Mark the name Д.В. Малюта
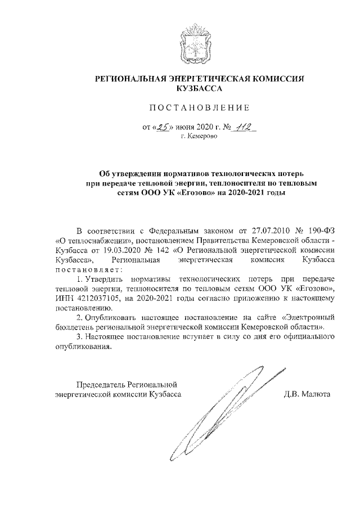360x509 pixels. [x=308, y=394]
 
